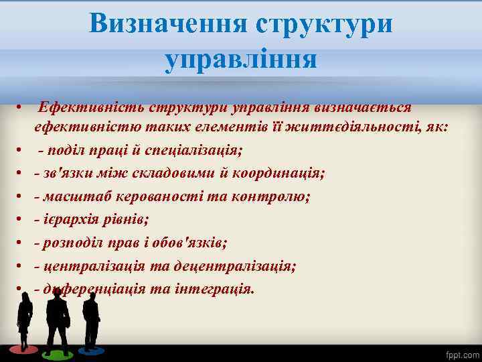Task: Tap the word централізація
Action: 94,266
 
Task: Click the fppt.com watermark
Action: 463,353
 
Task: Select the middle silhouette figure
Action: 58,322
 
